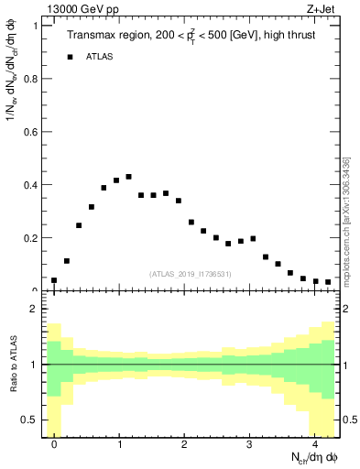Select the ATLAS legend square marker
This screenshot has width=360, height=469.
(x=70, y=57)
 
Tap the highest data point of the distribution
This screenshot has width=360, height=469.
(x=128, y=177)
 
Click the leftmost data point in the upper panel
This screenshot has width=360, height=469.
(x=54, y=280)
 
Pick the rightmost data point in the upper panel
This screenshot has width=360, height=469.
(x=328, y=282)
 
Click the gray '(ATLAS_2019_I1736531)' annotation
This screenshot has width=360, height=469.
(x=191, y=273)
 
